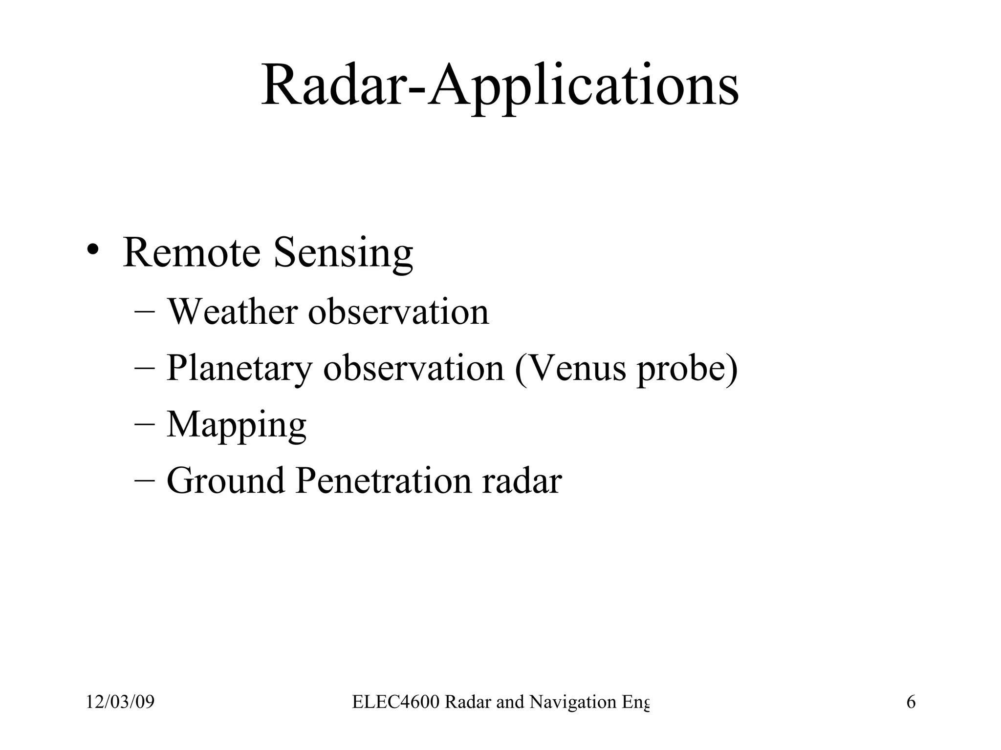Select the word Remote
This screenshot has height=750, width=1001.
pyautogui.click(x=191, y=253)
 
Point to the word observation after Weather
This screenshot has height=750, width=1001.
pyautogui.click(x=398, y=312)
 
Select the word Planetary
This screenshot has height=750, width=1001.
pyautogui.click(x=239, y=369)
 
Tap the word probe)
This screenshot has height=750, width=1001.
pyautogui.click(x=687, y=369)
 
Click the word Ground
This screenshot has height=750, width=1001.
pyautogui.click(x=225, y=481)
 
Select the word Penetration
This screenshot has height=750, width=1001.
pyautogui.click(x=384, y=481)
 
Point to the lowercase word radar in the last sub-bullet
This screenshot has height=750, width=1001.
pyautogui.click(x=522, y=481)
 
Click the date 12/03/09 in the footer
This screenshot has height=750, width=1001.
pyautogui.click(x=120, y=702)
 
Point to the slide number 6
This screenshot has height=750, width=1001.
pyautogui.click(x=911, y=702)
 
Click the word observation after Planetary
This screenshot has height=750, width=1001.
pyautogui.click(x=413, y=368)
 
